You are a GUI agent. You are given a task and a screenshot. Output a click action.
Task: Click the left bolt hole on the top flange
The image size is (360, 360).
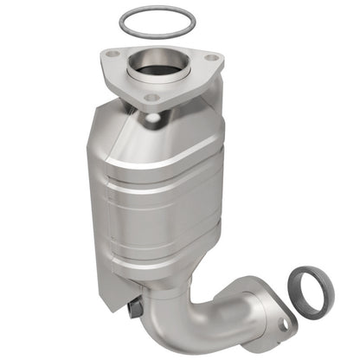click(112, 56)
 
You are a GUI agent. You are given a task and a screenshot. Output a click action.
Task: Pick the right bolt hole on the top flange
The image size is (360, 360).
click(209, 60)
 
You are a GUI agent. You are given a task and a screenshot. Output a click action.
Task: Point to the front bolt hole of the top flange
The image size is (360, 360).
click(151, 98)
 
